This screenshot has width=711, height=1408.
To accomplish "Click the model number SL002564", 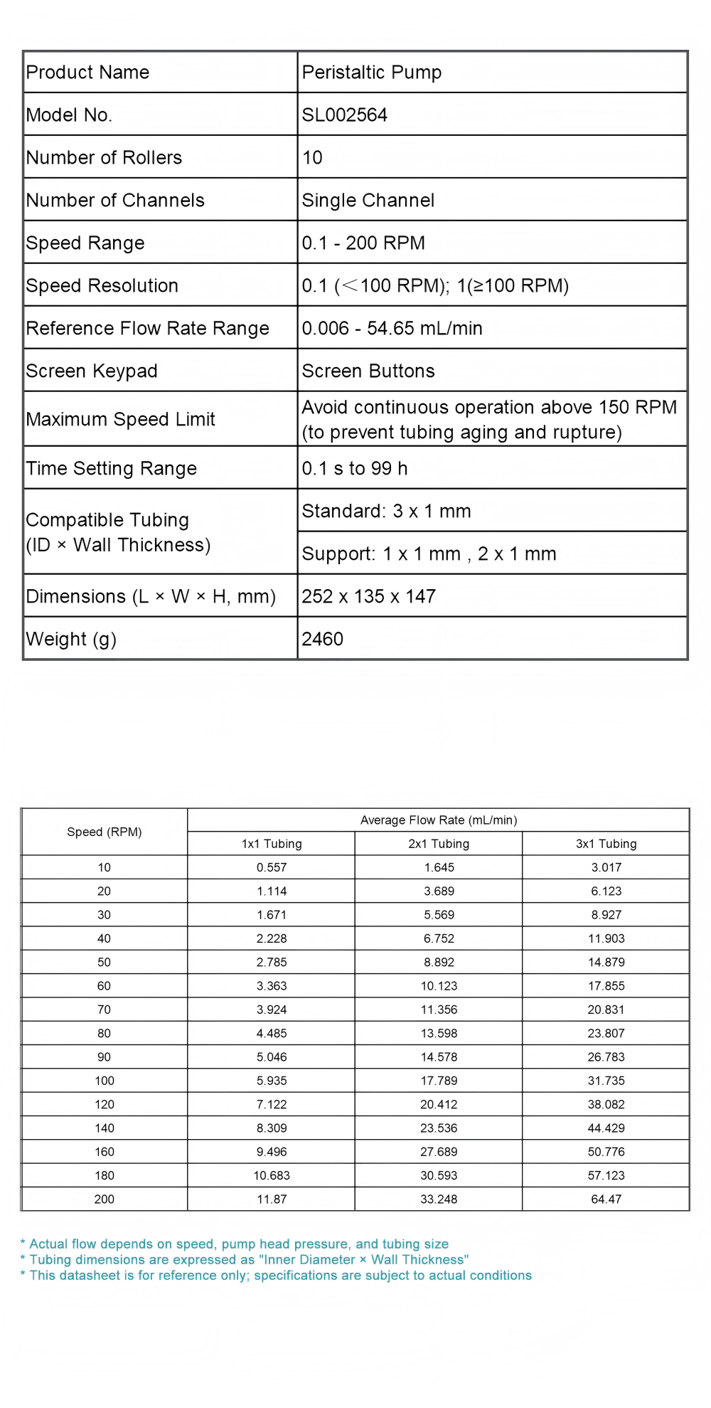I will pyautogui.click(x=345, y=115).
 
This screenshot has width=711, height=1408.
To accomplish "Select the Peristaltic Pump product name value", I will pyautogui.click(x=372, y=72).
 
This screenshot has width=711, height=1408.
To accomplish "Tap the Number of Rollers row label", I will pyautogui.click(x=104, y=157).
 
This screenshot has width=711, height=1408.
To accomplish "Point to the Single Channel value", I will pyautogui.click(x=368, y=200).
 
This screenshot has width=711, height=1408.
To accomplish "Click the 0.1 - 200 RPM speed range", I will pyautogui.click(x=363, y=243).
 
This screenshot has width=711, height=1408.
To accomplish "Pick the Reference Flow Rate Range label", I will pyautogui.click(x=147, y=328).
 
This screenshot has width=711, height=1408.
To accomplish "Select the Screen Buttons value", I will pyautogui.click(x=368, y=371).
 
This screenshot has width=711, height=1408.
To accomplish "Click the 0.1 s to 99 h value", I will pyautogui.click(x=355, y=468).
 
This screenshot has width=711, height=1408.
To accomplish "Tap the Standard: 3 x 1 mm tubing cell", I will pyautogui.click(x=386, y=511).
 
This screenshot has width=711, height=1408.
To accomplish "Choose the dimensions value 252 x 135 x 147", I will pyautogui.click(x=368, y=596).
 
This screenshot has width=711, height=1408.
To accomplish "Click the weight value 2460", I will pyautogui.click(x=322, y=639).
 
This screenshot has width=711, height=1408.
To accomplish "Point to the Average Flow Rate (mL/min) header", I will pyautogui.click(x=439, y=820).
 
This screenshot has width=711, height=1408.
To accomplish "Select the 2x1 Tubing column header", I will pyautogui.click(x=439, y=844).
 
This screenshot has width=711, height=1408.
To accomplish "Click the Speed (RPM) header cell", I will pyautogui.click(x=105, y=832).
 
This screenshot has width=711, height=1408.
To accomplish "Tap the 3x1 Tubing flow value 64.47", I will pyautogui.click(x=606, y=1199).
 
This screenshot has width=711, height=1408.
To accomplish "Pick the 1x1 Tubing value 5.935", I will pyautogui.click(x=272, y=1081).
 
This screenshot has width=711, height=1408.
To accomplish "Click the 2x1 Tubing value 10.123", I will pyautogui.click(x=439, y=986).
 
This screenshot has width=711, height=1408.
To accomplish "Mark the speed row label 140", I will pyautogui.click(x=105, y=1128).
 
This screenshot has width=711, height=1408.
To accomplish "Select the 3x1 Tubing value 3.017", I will pyautogui.click(x=606, y=867).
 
